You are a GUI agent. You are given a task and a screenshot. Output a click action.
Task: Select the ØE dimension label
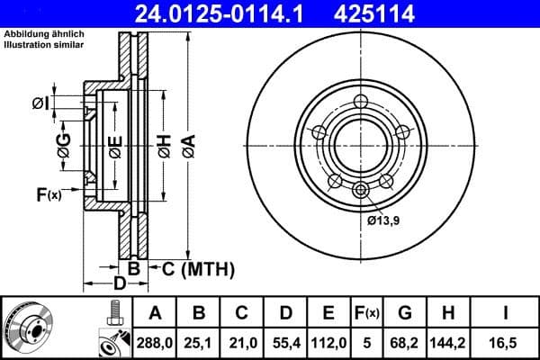pyautogui.click(x=115, y=144)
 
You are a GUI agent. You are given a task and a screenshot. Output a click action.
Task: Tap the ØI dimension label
pyautogui.click(x=40, y=103)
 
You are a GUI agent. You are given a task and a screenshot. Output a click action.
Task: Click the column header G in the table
pyautogui.click(x=406, y=313)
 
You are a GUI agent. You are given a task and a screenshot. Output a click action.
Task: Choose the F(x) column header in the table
pyautogui.click(x=368, y=313)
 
